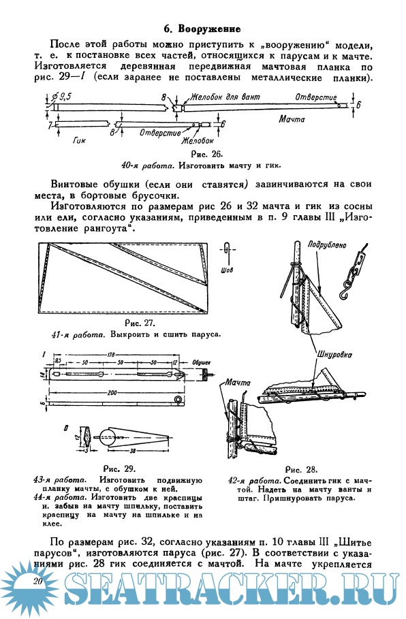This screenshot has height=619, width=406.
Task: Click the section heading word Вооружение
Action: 209,29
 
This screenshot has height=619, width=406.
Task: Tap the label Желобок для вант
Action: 225,97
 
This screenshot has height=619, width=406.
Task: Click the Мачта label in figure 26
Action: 292,118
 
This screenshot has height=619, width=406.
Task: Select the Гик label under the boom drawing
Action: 79,140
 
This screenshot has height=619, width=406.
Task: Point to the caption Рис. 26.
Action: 206,154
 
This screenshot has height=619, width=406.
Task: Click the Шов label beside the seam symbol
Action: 227,270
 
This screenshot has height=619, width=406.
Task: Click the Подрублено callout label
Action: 326,246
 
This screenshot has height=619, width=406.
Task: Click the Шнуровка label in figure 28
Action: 334,355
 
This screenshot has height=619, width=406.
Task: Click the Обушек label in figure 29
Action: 202,362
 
